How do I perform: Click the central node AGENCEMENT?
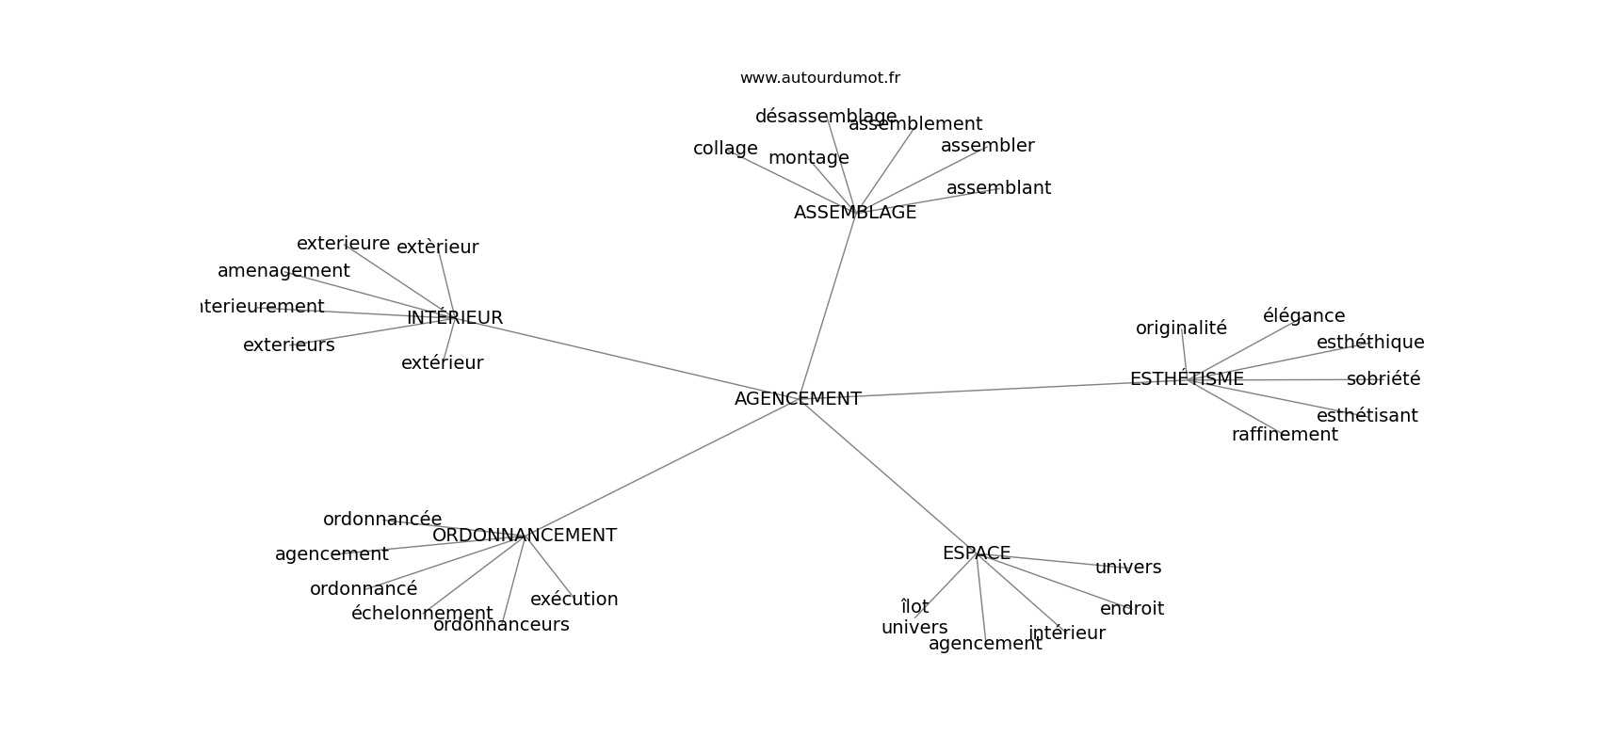798,399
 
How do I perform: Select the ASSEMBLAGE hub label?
855,213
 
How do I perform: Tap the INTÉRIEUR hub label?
455,318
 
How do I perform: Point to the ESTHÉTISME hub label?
1187,379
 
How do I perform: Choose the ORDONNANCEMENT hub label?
525,536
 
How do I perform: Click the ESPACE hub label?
977,553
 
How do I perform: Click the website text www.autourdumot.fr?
819,78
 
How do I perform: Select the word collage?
725,149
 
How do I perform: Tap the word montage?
809,158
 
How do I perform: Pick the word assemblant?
998,188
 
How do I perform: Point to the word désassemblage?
826,117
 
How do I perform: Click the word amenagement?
283,271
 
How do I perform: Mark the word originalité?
1181,328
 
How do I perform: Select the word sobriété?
1383,379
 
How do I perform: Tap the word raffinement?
1285,435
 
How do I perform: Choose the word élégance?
1303,316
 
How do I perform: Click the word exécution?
574,600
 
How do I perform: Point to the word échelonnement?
422,614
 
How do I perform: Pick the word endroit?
1132,609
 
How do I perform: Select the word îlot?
914,607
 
